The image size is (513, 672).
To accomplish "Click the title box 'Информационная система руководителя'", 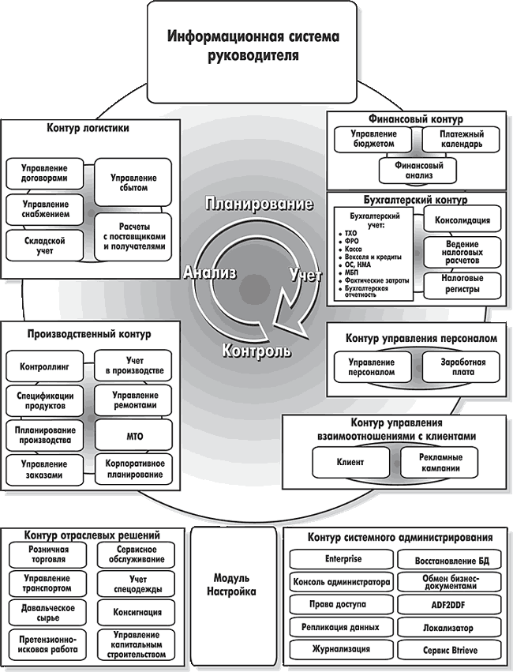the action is pyautogui.click(x=252, y=51).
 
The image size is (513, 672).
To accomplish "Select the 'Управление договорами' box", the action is pyautogui.click(x=44, y=174).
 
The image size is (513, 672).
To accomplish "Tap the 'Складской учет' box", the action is pyautogui.click(x=44, y=246).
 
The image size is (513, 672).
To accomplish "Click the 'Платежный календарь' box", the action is pyautogui.click(x=461, y=139).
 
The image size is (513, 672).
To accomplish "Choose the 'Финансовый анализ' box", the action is pyautogui.click(x=418, y=171).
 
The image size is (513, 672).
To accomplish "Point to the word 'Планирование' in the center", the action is pyautogui.click(x=259, y=204).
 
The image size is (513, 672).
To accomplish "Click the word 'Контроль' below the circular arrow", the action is pyautogui.click(x=256, y=351).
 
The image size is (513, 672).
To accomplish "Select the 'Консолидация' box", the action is pyautogui.click(x=462, y=220).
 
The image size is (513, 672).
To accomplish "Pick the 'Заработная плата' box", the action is pyautogui.click(x=461, y=367).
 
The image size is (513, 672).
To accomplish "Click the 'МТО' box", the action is pyautogui.click(x=133, y=436).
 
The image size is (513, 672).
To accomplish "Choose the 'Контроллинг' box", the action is pyautogui.click(x=44, y=366).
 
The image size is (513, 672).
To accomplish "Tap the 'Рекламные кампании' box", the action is pyautogui.click(x=440, y=463).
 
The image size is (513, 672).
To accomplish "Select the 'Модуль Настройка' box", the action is pyautogui.click(x=234, y=585).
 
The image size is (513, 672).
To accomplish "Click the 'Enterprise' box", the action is pyautogui.click(x=342, y=559).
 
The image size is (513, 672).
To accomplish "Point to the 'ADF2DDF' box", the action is pyautogui.click(x=449, y=605).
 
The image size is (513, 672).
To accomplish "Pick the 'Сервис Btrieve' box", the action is pyautogui.click(x=449, y=650).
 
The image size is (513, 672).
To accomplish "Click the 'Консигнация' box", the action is pyautogui.click(x=137, y=613).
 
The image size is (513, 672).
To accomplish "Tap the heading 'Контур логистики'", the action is pyautogui.click(x=88, y=128).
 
